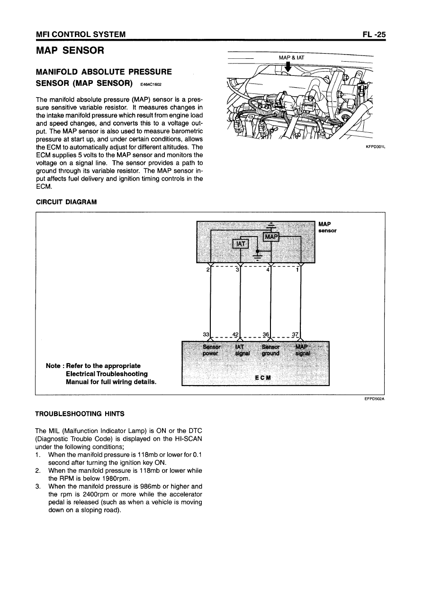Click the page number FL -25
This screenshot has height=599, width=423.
[373, 34]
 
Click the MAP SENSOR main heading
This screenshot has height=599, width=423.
[70, 50]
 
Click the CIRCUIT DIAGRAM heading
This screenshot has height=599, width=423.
[66, 202]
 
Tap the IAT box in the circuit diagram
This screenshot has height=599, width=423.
[241, 244]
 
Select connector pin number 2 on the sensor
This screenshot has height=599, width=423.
[208, 270]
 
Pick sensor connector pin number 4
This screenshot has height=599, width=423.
[268, 270]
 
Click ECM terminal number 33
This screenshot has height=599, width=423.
[206, 334]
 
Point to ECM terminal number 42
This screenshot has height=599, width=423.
[235, 334]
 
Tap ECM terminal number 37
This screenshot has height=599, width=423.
[295, 334]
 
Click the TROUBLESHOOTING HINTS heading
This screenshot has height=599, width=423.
[80, 414]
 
